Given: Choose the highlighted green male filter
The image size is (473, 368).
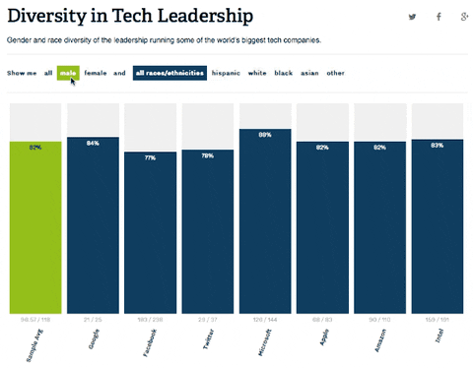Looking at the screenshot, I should (68, 73).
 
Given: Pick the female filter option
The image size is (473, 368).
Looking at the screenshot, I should (96, 73).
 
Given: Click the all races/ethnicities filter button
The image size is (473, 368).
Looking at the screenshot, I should (169, 73).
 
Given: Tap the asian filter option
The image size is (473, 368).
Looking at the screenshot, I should (308, 73).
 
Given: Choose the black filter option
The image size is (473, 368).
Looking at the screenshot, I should (284, 73).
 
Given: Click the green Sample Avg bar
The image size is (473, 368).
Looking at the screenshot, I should (34, 226).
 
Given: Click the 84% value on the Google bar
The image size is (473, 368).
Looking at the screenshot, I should (93, 144).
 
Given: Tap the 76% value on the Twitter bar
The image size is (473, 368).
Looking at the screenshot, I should (207, 155).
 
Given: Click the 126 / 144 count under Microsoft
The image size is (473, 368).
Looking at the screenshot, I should (265, 320).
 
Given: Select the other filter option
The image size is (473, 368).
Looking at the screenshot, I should (336, 73).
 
